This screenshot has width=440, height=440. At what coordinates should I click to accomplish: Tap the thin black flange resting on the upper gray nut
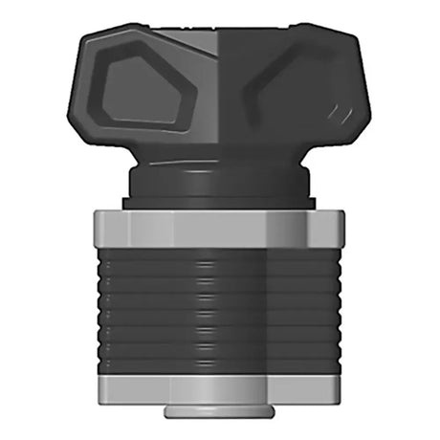[220, 203]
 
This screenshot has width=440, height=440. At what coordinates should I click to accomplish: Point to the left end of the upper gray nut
[98, 230]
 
